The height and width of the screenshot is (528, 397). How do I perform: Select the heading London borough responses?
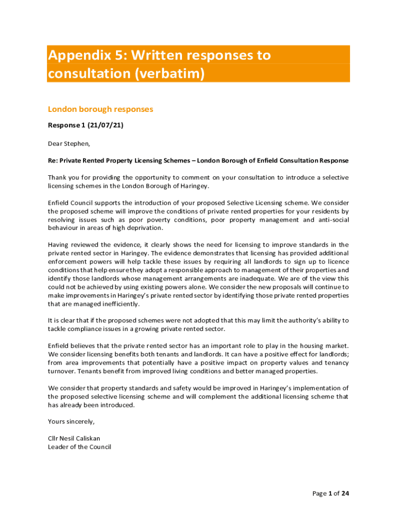[x=100, y=109]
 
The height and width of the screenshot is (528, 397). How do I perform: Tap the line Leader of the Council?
[x=79, y=447]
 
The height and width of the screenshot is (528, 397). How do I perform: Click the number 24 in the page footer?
[x=345, y=493]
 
